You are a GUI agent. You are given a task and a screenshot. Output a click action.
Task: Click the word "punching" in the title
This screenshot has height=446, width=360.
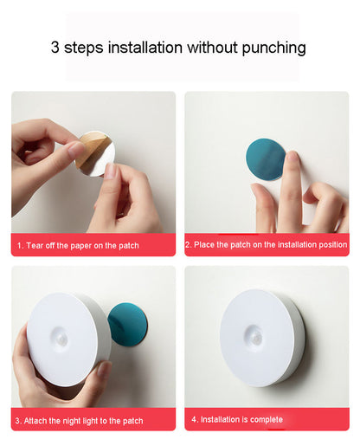[x=273, y=48]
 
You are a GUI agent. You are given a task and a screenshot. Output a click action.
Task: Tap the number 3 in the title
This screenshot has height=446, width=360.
[x=55, y=48]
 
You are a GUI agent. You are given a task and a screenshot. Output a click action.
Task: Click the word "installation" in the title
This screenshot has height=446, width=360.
[x=145, y=48]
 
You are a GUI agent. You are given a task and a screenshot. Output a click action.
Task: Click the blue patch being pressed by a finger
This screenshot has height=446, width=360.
[x=265, y=159]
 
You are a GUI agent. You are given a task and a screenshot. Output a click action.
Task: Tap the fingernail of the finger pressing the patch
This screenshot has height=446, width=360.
[x=293, y=156]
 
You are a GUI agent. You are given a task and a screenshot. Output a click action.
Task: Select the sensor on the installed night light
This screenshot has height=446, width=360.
[x=254, y=336]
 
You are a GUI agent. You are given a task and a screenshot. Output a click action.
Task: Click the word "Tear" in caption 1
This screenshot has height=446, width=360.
[x=35, y=246]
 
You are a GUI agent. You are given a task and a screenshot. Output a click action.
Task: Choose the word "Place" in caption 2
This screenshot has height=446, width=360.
[x=204, y=245]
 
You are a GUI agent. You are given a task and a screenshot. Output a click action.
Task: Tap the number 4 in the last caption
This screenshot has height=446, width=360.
[x=194, y=419]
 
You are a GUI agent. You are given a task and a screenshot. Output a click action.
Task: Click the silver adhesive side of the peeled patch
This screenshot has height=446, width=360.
[x=100, y=162]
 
